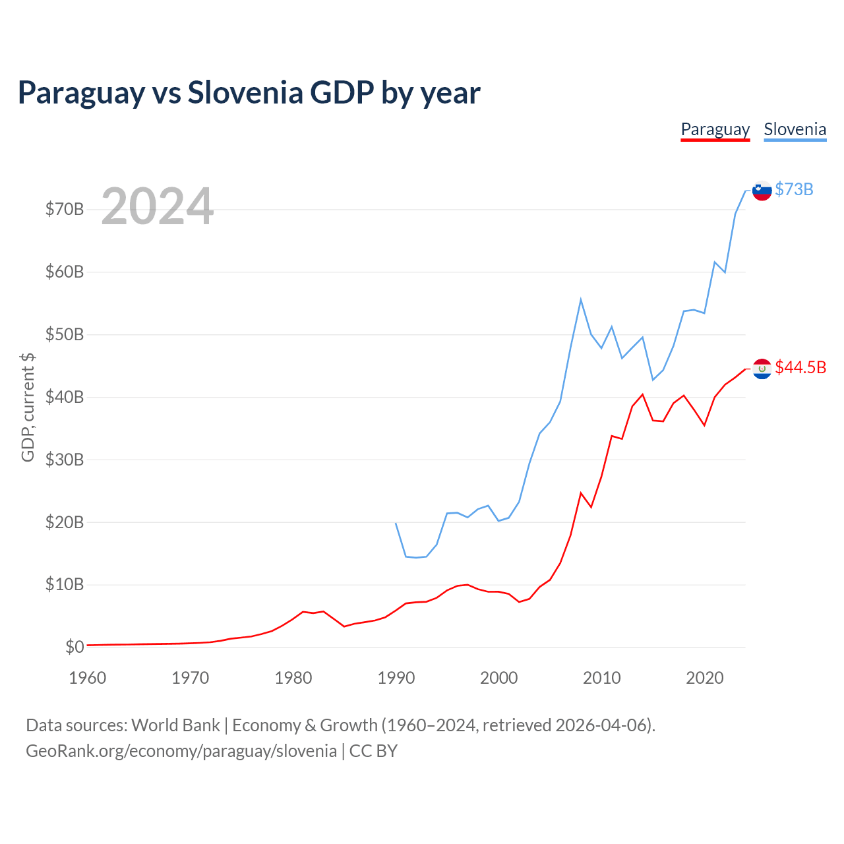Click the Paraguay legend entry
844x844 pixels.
715,129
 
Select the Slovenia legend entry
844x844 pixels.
795,129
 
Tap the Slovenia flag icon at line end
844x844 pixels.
762,190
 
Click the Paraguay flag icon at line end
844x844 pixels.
762,368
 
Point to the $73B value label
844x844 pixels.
794,190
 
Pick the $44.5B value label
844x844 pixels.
800,367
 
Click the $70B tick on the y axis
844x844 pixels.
65,210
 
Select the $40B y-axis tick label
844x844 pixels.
65,397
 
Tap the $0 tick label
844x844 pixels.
75,647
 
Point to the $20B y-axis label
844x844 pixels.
65,522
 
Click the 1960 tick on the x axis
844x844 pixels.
88,678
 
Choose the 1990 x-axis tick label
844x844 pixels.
396,678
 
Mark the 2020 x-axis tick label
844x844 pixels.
705,678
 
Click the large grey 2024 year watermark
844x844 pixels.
158,206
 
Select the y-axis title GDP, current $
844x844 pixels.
28,407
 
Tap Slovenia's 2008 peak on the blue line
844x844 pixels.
581,299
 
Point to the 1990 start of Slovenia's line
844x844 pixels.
396,523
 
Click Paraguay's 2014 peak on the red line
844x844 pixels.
643,394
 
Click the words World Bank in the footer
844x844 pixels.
175,725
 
